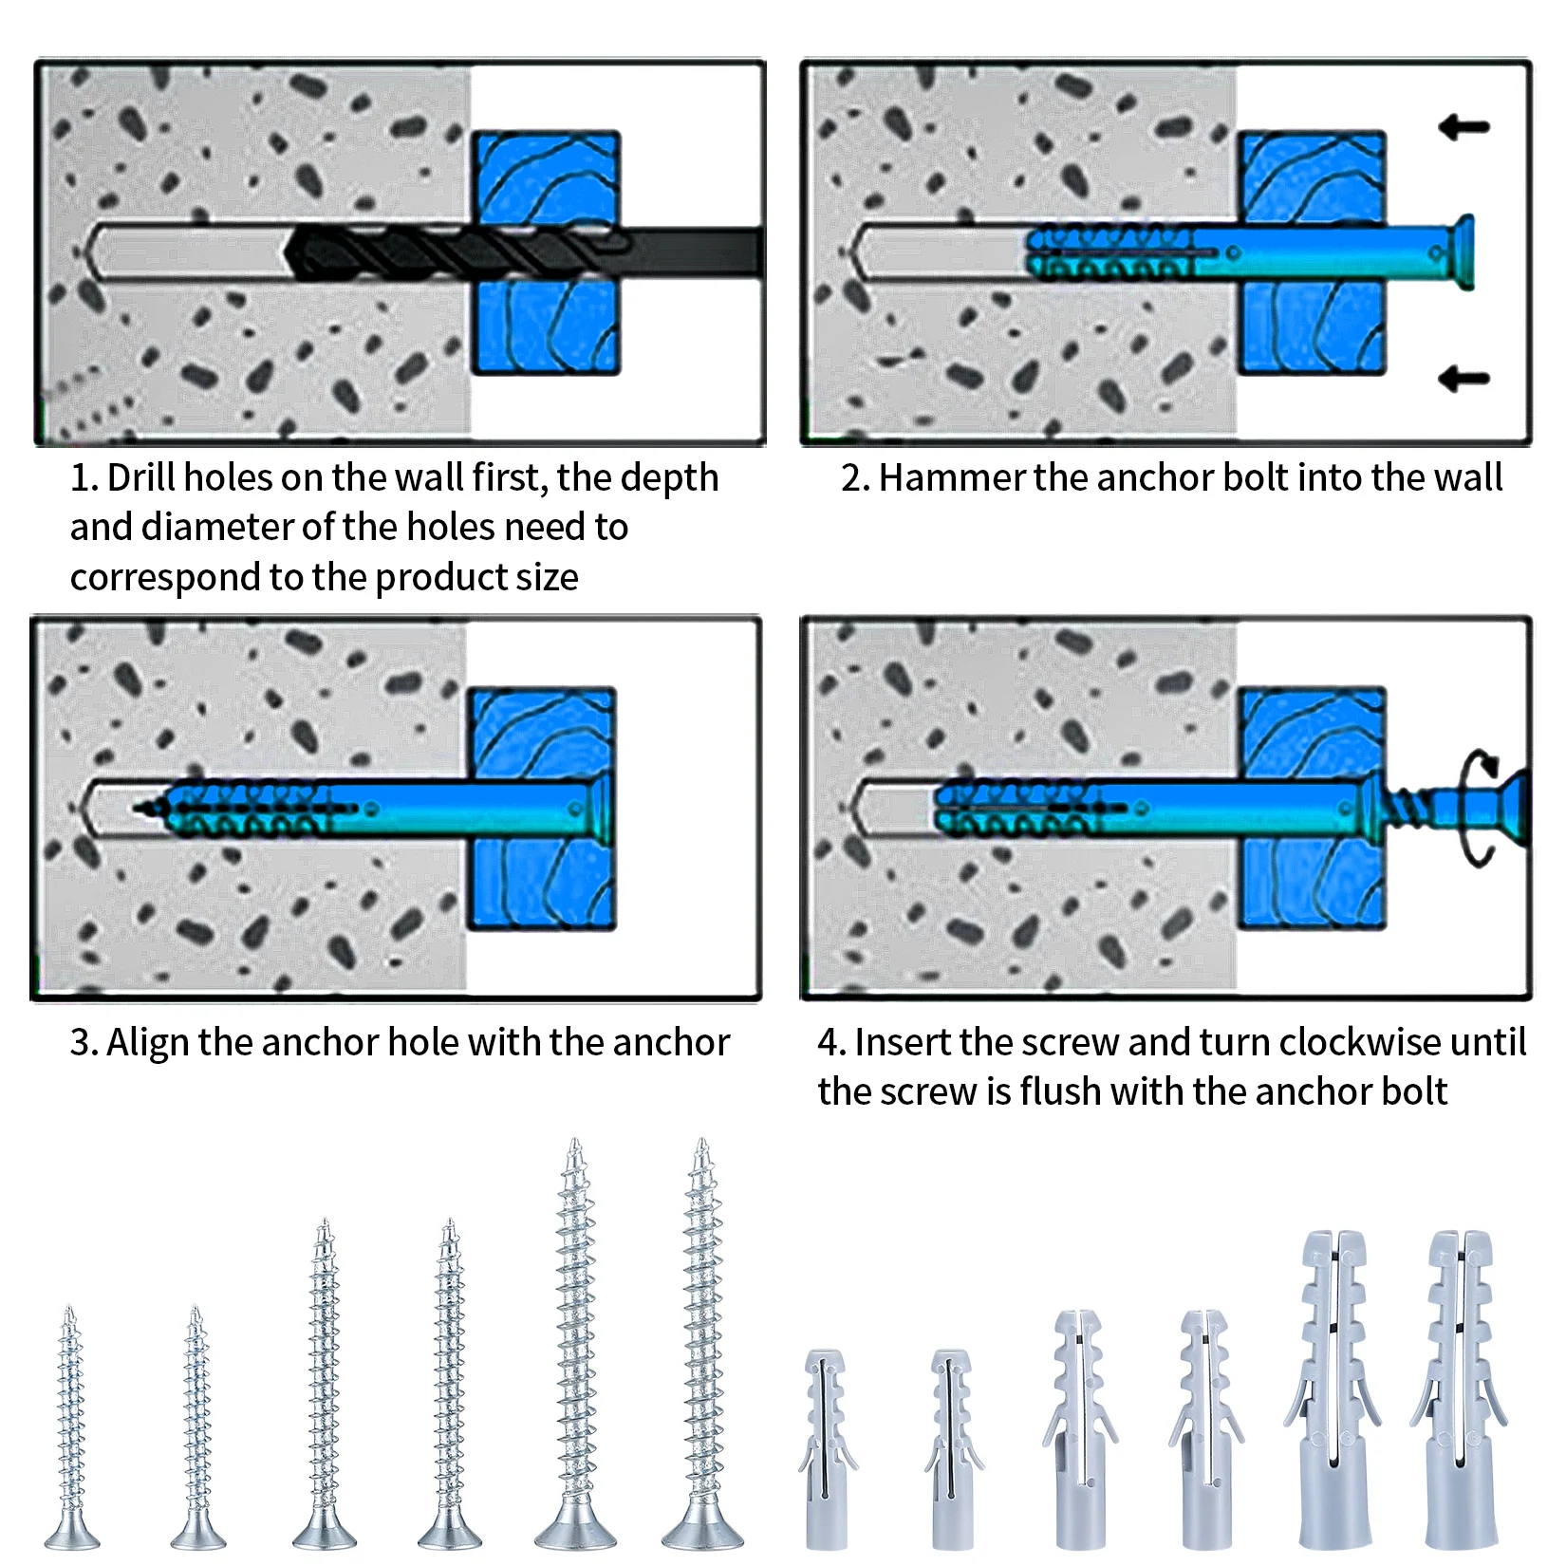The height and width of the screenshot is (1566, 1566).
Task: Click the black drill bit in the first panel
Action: pos(456,252)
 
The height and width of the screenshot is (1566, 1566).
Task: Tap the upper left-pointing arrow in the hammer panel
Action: pos(1463,126)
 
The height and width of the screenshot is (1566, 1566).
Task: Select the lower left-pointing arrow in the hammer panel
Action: pos(1463,379)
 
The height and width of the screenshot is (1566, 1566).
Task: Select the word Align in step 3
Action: pos(147,1042)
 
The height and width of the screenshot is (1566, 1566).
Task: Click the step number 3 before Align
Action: pos(82,1042)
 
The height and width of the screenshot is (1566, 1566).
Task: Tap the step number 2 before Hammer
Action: pos(852,477)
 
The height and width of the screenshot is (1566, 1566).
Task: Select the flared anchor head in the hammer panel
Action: pos(1463,252)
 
